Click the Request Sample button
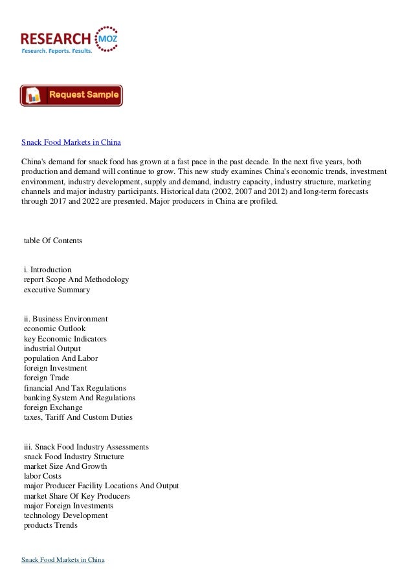tap(71, 96)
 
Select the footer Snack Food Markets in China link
tap(63, 559)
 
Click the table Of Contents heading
tap(52, 241)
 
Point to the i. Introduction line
tap(47, 269)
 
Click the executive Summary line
tap(56, 290)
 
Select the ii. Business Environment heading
tap(65, 318)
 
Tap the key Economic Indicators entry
tap(65, 339)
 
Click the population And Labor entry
tap(61, 358)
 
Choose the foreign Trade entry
tap(46, 378)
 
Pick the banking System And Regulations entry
tap(80, 398)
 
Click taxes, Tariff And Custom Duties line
tap(78, 418)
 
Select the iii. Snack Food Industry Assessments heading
tap(86, 446)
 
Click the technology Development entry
tap(65, 515)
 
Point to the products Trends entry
tap(50, 526)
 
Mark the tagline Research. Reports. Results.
tap(57, 50)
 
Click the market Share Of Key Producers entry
tap(76, 496)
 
